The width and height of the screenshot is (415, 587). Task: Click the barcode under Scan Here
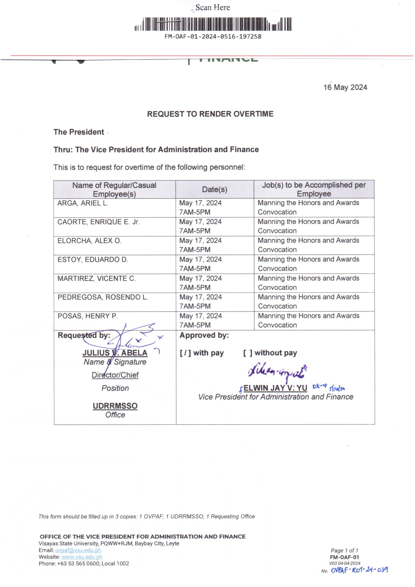[x=213, y=24]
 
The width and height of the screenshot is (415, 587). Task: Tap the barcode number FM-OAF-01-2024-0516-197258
[x=213, y=37]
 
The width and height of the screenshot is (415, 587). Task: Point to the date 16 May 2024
[x=345, y=87]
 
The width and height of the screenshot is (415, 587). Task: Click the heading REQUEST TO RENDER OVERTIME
[x=210, y=114]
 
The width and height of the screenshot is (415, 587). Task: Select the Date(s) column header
[x=214, y=190]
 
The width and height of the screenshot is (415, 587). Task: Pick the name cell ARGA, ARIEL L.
[x=83, y=203]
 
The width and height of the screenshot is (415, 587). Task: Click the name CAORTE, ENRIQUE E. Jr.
[x=98, y=222]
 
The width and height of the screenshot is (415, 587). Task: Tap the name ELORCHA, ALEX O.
[x=89, y=241]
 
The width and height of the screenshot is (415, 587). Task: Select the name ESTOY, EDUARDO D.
[x=93, y=260]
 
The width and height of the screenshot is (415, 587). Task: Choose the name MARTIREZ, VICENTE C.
[x=97, y=278]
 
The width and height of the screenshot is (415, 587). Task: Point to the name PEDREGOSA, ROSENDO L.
[x=103, y=297]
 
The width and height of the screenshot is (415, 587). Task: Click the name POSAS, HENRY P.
[x=88, y=316]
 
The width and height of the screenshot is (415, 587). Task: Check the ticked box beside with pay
[x=185, y=353]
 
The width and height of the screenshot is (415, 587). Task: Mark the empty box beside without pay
[x=248, y=353]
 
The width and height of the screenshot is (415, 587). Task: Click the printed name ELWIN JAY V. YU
[x=275, y=388]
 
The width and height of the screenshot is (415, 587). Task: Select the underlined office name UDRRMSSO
[x=115, y=406]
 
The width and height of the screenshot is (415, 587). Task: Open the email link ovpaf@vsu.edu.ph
[x=78, y=550]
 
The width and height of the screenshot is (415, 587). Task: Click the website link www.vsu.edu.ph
[x=82, y=557]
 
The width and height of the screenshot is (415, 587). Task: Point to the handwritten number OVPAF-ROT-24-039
[x=359, y=570]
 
